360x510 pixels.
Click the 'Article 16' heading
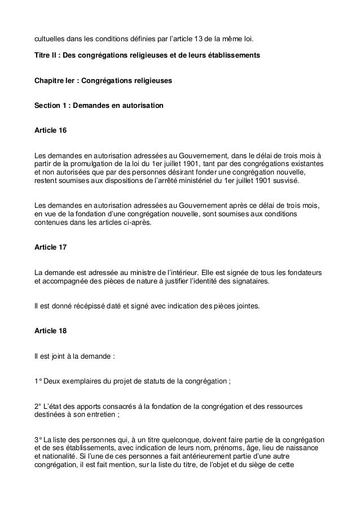50,131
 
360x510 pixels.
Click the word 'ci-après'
144,223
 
